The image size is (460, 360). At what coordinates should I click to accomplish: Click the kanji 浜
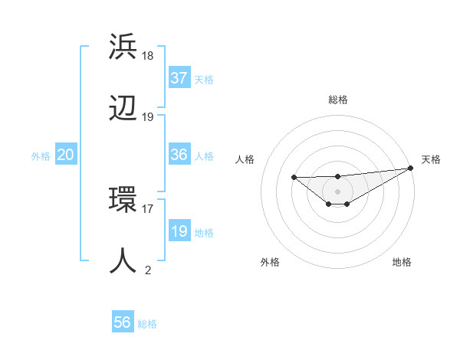pos(123,47)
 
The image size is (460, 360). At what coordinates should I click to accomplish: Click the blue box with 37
pos(179,78)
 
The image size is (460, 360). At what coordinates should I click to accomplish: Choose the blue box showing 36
pos(179,155)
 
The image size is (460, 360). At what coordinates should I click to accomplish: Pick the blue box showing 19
pos(179,231)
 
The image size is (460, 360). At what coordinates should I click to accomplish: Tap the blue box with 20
pos(65,155)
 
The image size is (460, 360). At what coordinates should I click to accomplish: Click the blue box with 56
pos(123,322)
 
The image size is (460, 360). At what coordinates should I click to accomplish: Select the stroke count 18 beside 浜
pos(148,56)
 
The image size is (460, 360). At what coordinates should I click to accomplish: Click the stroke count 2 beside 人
pos(148,270)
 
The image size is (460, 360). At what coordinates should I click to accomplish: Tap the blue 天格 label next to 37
pos(204,79)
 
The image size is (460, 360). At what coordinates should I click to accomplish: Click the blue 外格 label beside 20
pos(41,155)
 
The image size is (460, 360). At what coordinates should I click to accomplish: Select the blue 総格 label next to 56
pos(147,323)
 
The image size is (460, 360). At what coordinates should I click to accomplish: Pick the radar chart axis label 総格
pos(337,100)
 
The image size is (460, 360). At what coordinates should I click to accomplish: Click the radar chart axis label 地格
pos(402,262)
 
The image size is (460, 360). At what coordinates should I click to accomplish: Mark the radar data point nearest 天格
pos(411,168)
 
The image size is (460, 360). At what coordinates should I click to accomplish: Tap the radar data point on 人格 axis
pos(294,177)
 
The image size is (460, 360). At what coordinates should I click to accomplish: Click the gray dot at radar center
pos(337,191)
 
